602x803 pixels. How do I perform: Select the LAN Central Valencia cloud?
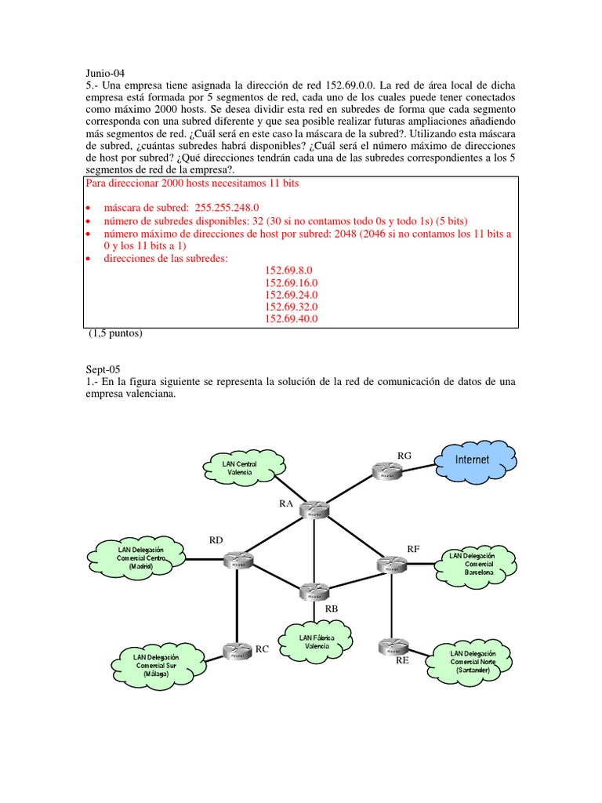click(x=241, y=469)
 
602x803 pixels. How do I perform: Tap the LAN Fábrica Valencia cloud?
click(x=317, y=642)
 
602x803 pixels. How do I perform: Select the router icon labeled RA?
click(x=314, y=510)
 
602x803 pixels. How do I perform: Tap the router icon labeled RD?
click(x=236, y=560)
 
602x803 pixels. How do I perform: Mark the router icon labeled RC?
click(x=236, y=650)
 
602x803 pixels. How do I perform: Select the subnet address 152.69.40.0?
click(x=292, y=319)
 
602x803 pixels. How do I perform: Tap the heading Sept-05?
click(x=104, y=368)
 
